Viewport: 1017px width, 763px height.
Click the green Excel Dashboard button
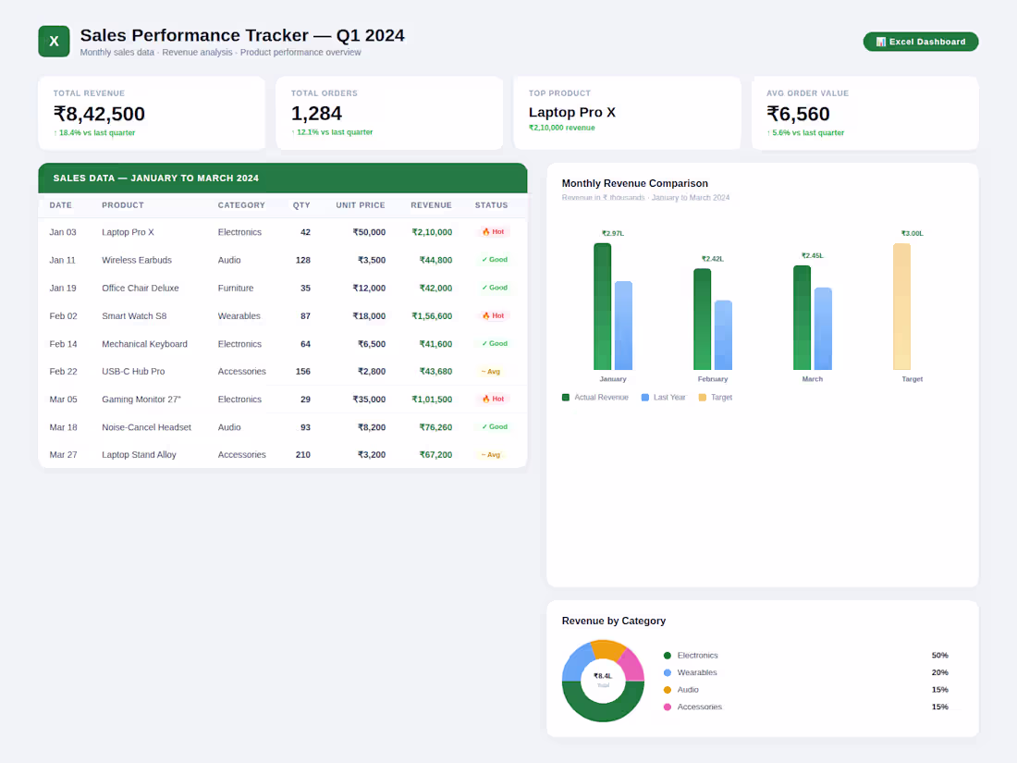920,42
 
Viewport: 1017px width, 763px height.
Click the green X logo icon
54,42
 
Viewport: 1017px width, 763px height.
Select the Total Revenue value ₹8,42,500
99,114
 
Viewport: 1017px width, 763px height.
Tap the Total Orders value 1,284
316,114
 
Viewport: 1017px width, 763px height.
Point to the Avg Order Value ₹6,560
798,114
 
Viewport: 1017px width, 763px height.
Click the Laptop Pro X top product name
571,113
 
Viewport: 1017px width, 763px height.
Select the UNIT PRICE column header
360,205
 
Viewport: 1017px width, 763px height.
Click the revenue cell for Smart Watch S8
432,316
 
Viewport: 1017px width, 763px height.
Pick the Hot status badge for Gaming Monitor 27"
493,400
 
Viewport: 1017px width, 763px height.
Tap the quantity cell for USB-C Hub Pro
302,372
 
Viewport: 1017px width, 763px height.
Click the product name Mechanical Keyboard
144,344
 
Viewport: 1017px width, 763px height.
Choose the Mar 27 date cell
63,455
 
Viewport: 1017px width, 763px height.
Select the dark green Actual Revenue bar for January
602,307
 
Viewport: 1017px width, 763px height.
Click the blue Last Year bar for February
723,336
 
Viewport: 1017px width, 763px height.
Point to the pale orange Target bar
901,307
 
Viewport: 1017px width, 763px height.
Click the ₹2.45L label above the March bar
812,255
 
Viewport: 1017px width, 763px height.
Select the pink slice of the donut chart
631,666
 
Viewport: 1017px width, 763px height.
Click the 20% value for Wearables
939,672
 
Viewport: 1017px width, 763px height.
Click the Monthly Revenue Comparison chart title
634,183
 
